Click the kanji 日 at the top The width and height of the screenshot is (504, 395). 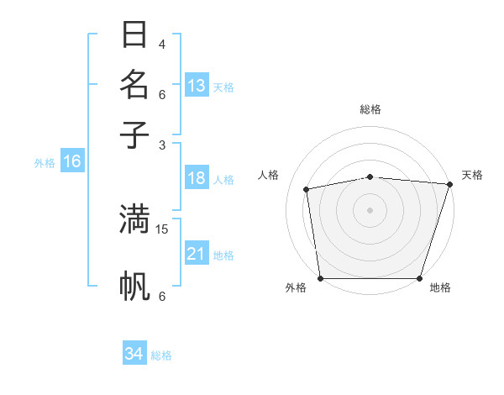tap(134, 35)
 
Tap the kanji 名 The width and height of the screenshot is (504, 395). tap(134, 85)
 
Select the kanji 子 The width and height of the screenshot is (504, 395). tap(134, 134)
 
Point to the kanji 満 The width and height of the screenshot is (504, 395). tap(134, 219)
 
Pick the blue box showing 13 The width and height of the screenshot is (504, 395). tap(197, 86)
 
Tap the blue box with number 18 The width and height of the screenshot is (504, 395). tap(197, 178)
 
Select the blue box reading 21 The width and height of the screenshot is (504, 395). tap(197, 254)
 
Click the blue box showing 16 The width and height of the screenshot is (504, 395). tap(72, 162)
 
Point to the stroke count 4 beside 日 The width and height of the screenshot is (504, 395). tap(162, 44)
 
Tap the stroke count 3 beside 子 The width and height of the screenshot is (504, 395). tap(162, 144)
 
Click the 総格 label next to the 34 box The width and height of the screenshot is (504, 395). tap(161, 355)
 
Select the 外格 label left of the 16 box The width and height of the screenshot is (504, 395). tap(45, 163)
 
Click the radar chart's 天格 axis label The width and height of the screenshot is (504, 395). tap(472, 175)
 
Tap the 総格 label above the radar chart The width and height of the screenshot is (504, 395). tap(370, 109)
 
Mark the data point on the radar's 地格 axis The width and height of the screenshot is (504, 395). tap(420, 277)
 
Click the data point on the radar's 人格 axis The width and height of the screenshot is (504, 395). tap(307, 189)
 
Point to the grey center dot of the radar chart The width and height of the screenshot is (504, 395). tap(370, 209)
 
